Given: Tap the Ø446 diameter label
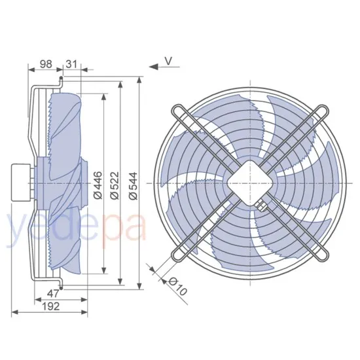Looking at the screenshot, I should (98, 183).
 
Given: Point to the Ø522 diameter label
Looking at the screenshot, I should (114, 183).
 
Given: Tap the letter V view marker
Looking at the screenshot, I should (168, 61).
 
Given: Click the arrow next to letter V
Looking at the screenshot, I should (154, 65).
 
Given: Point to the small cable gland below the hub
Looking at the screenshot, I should (262, 208).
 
